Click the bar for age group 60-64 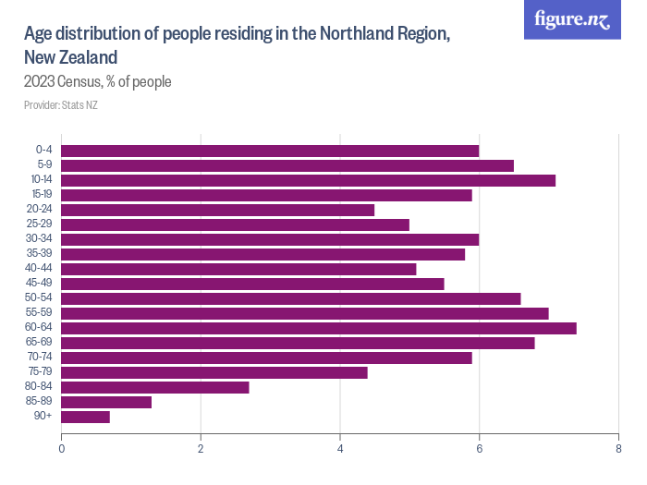[x=319, y=328]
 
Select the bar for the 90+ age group [x=85, y=417]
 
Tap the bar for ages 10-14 [x=308, y=180]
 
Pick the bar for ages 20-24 [x=217, y=210]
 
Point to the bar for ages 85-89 [x=106, y=402]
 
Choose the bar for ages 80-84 [x=155, y=387]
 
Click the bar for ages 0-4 [x=270, y=151]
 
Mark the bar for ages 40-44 [x=238, y=269]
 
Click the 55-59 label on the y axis [x=39, y=313]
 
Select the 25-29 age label [x=39, y=224]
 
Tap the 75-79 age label [x=39, y=372]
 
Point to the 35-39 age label [x=39, y=254]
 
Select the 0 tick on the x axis [x=61, y=449]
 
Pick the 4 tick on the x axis [x=340, y=449]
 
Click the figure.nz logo [x=572, y=19]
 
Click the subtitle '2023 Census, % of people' [x=98, y=82]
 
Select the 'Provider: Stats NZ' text [x=61, y=105]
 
